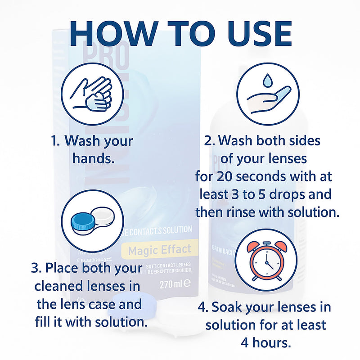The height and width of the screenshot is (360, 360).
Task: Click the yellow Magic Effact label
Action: (x=159, y=249)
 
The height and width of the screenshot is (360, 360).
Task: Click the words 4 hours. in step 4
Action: (x=265, y=342)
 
